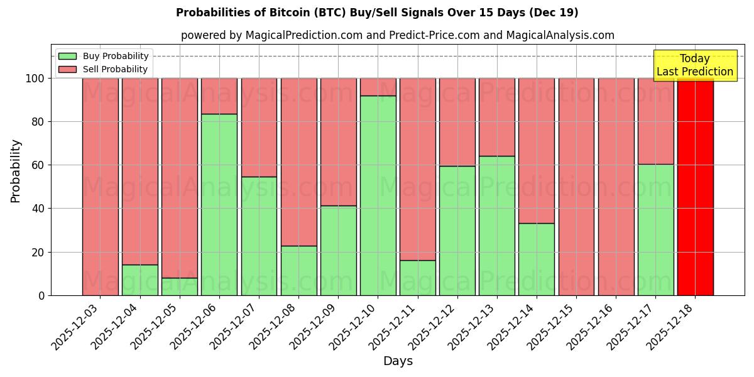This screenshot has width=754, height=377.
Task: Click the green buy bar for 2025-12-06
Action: coord(219,204)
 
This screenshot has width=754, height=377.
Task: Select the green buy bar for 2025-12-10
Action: coord(378,195)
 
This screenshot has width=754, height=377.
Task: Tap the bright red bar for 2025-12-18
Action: coord(696,187)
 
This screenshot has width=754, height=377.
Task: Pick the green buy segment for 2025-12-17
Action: coord(656,229)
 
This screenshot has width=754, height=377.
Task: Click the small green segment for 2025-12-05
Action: coord(180,287)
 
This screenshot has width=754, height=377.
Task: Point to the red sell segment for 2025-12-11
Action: coord(418,169)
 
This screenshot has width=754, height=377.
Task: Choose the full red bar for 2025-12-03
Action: coord(101,187)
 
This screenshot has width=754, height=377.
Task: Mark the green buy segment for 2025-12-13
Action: coord(497,226)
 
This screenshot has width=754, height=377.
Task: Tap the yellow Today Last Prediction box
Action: coord(695,65)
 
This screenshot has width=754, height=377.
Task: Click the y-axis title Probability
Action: coord(16,171)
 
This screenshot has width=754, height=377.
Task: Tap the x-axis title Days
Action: coord(398,361)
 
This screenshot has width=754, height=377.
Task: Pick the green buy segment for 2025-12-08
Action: coord(299,270)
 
